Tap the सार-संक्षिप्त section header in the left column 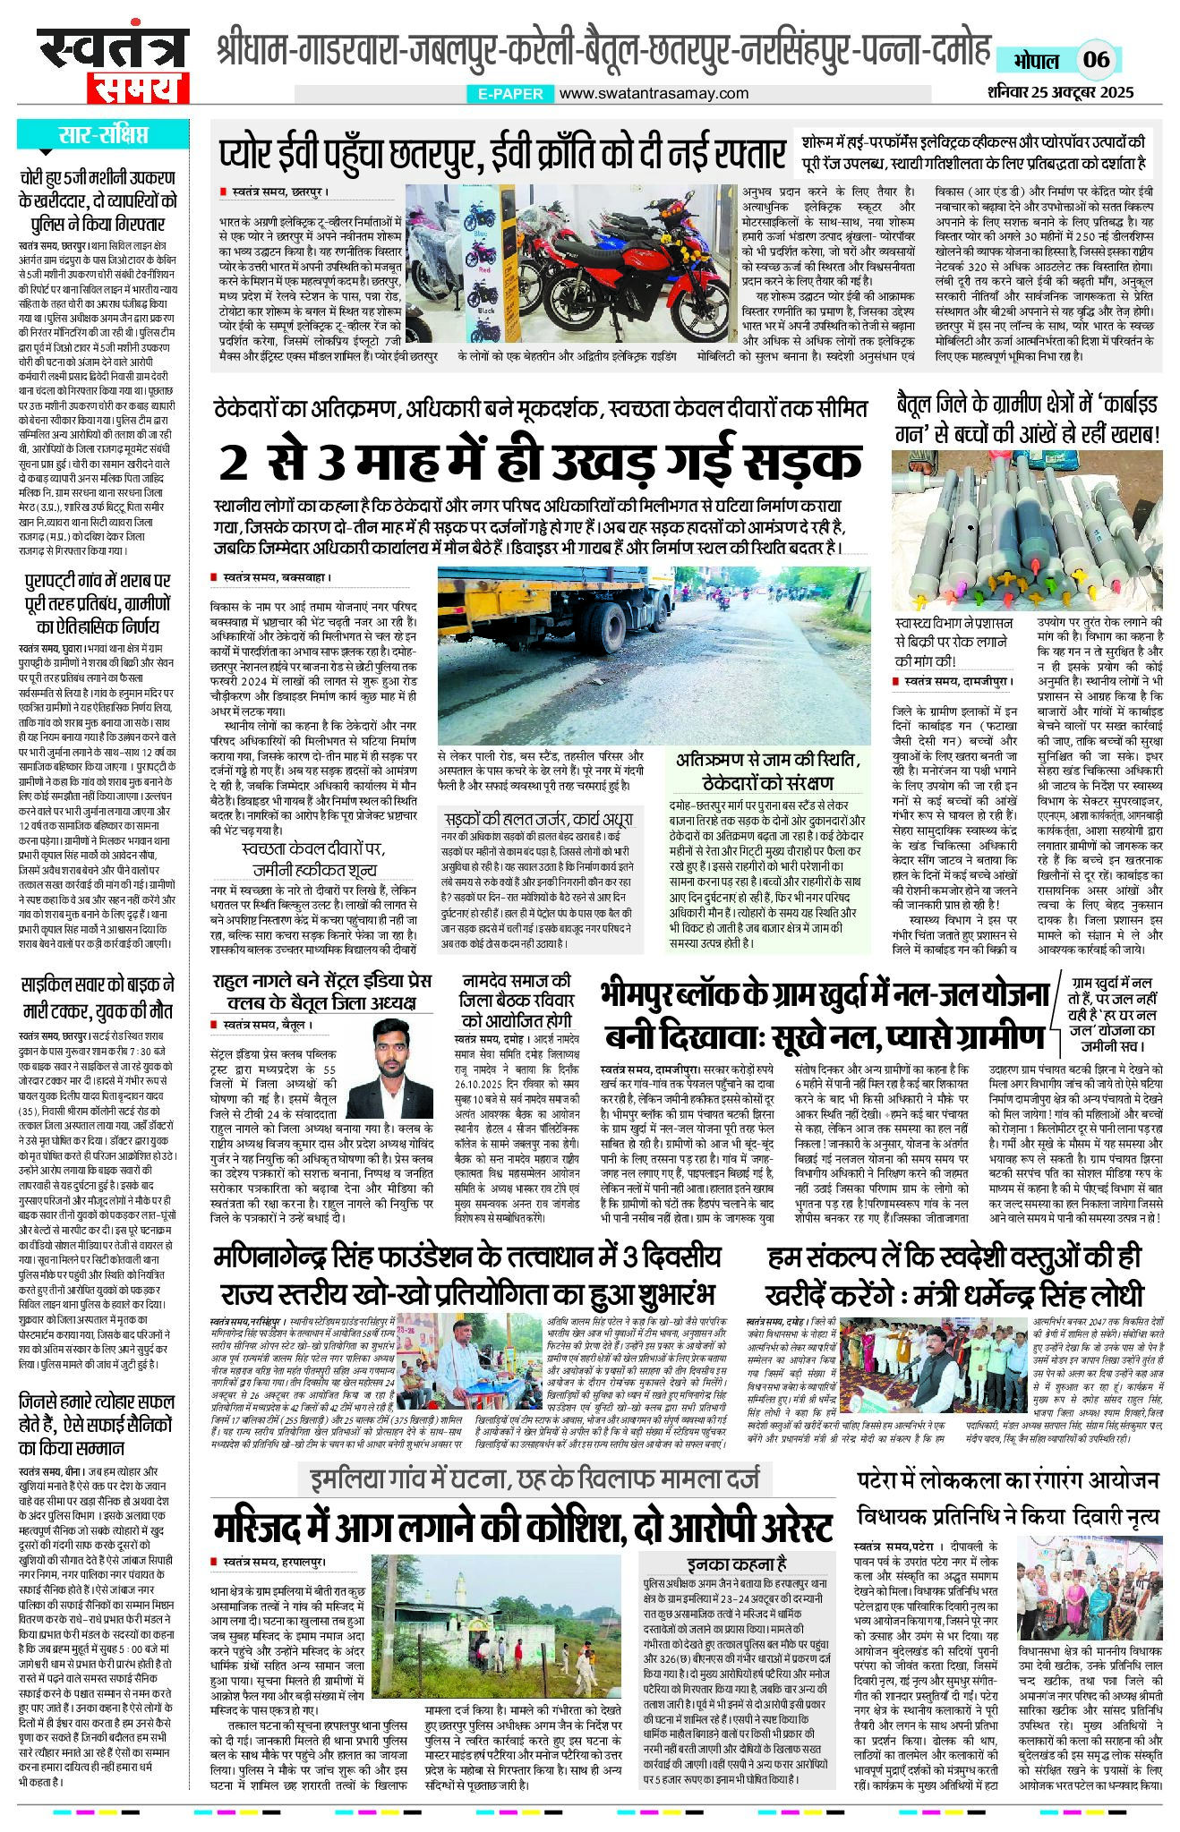click(x=103, y=136)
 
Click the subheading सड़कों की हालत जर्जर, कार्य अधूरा click(x=538, y=819)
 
